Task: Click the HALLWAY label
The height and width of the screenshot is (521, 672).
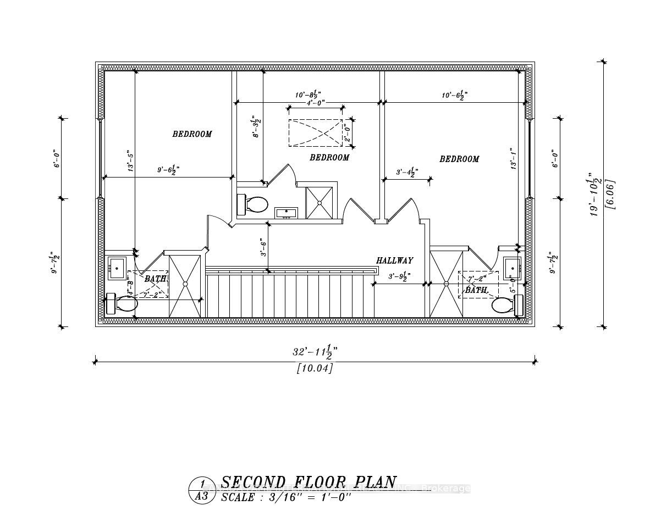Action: [x=394, y=260]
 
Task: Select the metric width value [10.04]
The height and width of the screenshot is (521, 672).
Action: [x=315, y=368]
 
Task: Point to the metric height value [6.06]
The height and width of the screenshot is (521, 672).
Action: [x=609, y=194]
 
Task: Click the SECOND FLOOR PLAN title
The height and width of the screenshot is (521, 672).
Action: [x=308, y=483]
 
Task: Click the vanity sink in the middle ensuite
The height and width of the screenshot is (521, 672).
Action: [x=286, y=213]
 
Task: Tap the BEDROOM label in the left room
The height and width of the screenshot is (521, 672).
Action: [x=192, y=134]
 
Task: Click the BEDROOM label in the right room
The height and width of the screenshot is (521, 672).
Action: [x=459, y=159]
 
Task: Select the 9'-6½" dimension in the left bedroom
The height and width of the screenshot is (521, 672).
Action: [x=166, y=171]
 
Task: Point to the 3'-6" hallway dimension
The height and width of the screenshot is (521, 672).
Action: [x=263, y=247]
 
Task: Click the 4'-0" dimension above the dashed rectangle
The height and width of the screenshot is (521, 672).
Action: [x=315, y=103]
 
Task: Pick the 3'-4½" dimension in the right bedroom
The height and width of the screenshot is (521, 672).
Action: [x=406, y=173]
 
